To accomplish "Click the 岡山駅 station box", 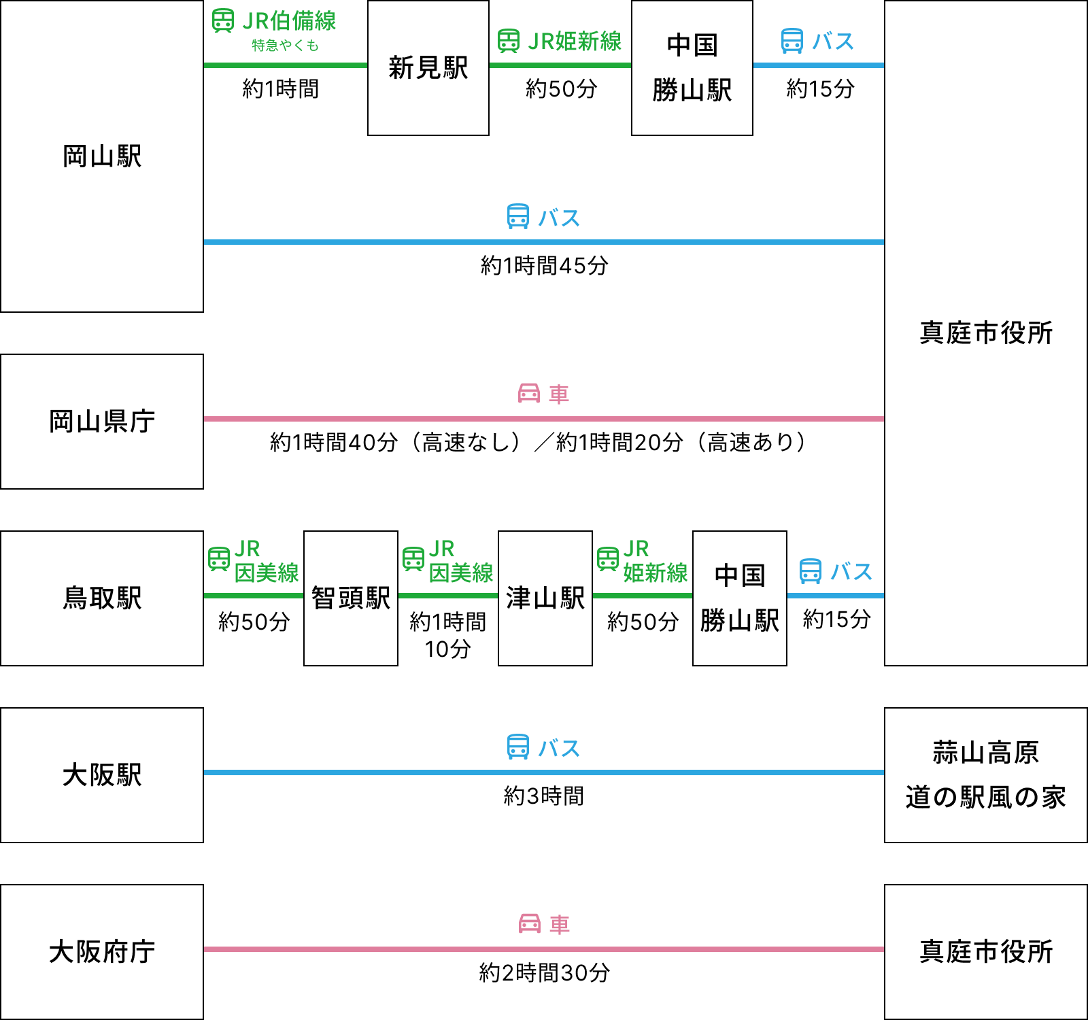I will click(102, 156).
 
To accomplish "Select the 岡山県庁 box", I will click(102, 422).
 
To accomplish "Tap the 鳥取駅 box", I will click(102, 598).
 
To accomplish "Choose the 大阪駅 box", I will click(102, 775).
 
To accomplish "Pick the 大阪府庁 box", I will click(102, 952).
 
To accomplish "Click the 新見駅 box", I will click(428, 68).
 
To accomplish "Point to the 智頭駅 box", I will click(351, 598).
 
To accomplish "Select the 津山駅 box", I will click(545, 598).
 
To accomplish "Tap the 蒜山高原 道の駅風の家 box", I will click(986, 775).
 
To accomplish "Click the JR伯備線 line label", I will click(289, 21).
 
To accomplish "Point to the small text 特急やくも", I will click(285, 46).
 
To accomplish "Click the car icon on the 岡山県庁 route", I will click(529, 393).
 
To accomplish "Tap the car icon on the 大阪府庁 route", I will click(530, 923).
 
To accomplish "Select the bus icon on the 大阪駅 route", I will click(518, 747).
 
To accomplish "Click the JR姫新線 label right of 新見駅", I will click(575, 41).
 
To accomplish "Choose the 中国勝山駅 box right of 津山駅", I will click(740, 598).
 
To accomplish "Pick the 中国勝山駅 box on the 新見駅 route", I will click(692, 68).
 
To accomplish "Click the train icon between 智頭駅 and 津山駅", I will click(413, 559).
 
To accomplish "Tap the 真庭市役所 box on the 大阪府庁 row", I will click(986, 952).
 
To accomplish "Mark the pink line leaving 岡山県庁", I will click(544, 419).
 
